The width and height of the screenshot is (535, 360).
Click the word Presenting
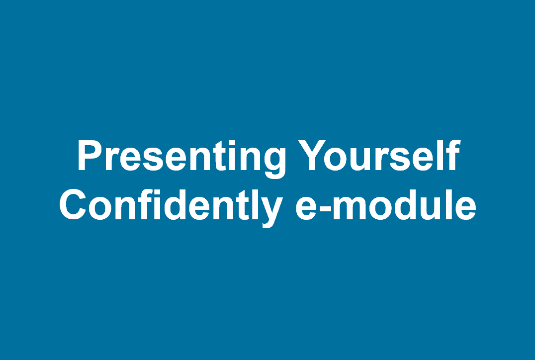coord(181,159)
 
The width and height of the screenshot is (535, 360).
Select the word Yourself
coord(379,155)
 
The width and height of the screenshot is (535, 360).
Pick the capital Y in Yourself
coord(312,155)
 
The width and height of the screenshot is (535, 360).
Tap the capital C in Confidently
coord(73,204)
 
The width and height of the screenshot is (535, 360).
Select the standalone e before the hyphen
coord(306,208)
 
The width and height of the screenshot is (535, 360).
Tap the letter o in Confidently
coord(100,208)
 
